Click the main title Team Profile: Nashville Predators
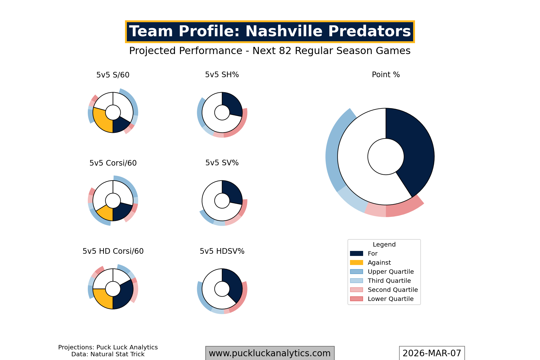[270, 32]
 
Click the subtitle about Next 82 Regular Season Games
[270, 51]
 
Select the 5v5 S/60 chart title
[113, 75]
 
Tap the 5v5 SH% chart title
[222, 75]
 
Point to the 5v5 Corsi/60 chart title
[113, 163]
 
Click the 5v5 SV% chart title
[222, 163]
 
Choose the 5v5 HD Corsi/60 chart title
[113, 251]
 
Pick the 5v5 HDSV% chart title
[222, 251]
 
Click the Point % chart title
[386, 75]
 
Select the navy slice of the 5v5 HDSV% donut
[234, 286]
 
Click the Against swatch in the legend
[357, 262]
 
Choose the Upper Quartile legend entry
[391, 272]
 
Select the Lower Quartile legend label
[391, 299]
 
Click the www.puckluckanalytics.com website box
[270, 353]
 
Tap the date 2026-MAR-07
[432, 353]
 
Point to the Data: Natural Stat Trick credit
[108, 354]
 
